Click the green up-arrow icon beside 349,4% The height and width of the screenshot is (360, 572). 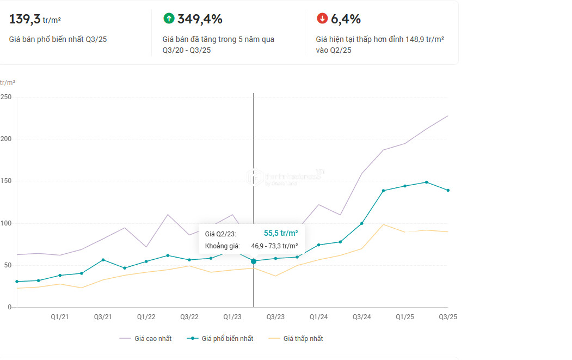pyautogui.click(x=169, y=19)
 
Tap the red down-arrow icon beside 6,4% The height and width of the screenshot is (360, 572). pyautogui.click(x=322, y=19)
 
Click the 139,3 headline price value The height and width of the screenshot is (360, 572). pyautogui.click(x=25, y=19)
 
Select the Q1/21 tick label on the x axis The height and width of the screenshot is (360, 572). pyautogui.click(x=60, y=317)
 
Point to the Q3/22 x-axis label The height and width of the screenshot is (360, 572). pyautogui.click(x=189, y=317)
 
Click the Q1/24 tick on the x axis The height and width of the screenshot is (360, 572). pyautogui.click(x=318, y=317)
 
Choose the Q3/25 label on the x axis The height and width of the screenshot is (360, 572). pyautogui.click(x=448, y=317)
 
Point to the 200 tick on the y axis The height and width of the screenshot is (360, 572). pyautogui.click(x=6, y=139)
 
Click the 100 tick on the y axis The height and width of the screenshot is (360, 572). pyautogui.click(x=6, y=223)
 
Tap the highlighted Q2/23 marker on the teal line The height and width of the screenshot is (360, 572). pyautogui.click(x=254, y=261)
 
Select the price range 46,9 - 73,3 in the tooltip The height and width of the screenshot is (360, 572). pyautogui.click(x=274, y=246)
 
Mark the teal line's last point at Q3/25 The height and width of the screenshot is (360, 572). pyautogui.click(x=448, y=190)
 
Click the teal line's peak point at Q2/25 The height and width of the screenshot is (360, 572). pyautogui.click(x=427, y=182)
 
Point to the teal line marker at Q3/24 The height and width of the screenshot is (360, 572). pyautogui.click(x=361, y=223)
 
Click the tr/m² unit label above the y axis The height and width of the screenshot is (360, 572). pyautogui.click(x=8, y=83)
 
